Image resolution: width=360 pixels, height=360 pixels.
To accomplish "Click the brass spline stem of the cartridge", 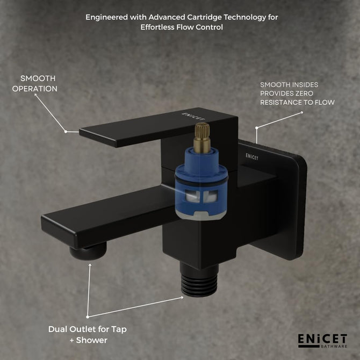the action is pyautogui.click(x=202, y=138).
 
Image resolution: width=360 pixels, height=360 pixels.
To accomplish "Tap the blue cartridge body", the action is pyautogui.click(x=201, y=184).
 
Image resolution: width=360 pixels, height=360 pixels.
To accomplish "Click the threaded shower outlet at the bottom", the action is pyautogui.click(x=199, y=284).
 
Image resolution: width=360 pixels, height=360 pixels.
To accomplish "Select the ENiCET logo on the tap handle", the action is pyautogui.click(x=193, y=117).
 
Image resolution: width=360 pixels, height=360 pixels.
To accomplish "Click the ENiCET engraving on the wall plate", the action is pyautogui.click(x=252, y=157).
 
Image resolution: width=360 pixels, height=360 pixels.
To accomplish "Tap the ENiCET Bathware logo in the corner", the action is pyautogui.click(x=322, y=341).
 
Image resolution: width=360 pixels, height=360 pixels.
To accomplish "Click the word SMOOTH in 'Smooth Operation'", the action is pyautogui.click(x=38, y=78).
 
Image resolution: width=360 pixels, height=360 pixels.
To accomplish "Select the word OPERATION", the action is pyautogui.click(x=35, y=89).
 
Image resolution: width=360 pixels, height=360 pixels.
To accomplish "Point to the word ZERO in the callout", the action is pyautogui.click(x=304, y=93).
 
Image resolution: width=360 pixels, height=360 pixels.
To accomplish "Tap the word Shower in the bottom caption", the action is pyautogui.click(x=91, y=340).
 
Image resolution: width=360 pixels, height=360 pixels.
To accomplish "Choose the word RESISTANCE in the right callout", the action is pyautogui.click(x=278, y=103).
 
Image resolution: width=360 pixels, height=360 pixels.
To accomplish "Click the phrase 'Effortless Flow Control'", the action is pyautogui.click(x=182, y=27).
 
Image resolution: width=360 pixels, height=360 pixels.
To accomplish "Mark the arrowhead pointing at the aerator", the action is pyautogui.click(x=90, y=265).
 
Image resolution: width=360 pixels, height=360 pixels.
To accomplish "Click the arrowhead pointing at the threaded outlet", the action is pyautogui.click(x=182, y=298).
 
